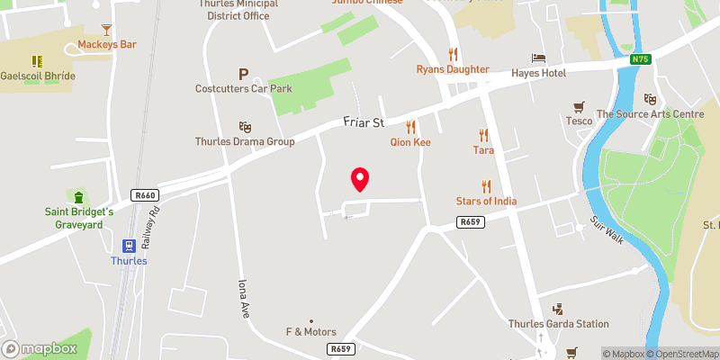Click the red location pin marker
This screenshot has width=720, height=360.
click(360, 179)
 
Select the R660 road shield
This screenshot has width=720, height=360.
click(144, 195)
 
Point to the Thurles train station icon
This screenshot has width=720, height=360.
click(129, 245)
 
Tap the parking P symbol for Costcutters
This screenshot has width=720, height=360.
click(243, 74)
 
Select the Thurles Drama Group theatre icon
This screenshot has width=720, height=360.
click(245, 127)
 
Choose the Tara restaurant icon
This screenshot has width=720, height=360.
click(483, 135)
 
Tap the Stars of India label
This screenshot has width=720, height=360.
click(487, 201)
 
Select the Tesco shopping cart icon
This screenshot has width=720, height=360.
click(579, 106)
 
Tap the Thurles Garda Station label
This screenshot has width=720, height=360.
click(558, 324)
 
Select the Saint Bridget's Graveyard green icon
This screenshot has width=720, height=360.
click(78, 197)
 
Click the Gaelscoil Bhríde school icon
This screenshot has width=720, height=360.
click(37, 61)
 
